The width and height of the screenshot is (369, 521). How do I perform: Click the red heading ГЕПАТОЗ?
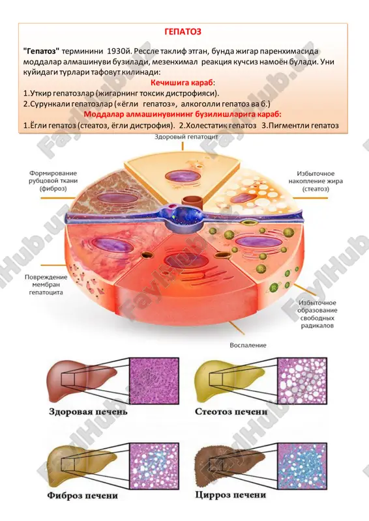pyautogui.click(x=183, y=31)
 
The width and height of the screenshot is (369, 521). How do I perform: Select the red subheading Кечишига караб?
pyautogui.click(x=183, y=83)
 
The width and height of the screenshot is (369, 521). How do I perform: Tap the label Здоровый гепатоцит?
pyautogui.click(x=186, y=137)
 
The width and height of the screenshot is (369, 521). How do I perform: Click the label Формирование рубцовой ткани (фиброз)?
pyautogui.click(x=53, y=181)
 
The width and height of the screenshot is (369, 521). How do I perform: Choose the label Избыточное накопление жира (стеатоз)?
pyautogui.click(x=316, y=181)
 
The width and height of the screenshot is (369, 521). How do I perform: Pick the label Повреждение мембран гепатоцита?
pyautogui.click(x=46, y=285)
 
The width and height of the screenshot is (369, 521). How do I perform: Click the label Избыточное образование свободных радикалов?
pyautogui.click(x=317, y=314)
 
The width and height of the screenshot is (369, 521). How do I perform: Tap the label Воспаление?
pyautogui.click(x=248, y=345)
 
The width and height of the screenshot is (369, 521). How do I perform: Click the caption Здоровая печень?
pyautogui.click(x=88, y=412)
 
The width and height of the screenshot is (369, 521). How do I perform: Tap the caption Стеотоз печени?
pyautogui.click(x=231, y=412)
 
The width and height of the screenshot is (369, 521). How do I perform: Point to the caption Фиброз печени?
pyautogui.click(x=83, y=496)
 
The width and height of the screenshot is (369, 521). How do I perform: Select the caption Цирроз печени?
pyautogui.click(x=231, y=495)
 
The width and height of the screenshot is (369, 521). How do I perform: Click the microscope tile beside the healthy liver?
pyautogui.click(x=154, y=380)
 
